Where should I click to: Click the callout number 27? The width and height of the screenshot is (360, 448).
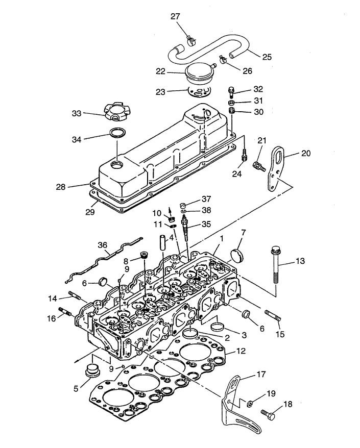(x=175, y=17)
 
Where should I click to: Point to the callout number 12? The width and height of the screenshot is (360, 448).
(x=242, y=351)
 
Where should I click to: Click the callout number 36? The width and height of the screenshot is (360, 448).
(x=103, y=245)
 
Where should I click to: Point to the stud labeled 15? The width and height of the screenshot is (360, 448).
(x=273, y=315)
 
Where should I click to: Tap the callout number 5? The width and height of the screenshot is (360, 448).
(x=76, y=387)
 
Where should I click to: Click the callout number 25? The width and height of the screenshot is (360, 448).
(x=267, y=57)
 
